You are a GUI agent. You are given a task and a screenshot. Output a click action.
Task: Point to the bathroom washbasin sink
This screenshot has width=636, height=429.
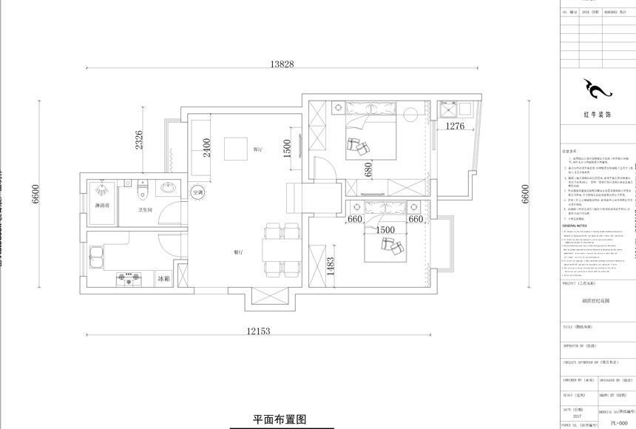click(x=168, y=187)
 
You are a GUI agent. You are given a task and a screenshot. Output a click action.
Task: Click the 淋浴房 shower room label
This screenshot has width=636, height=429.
click(x=101, y=205)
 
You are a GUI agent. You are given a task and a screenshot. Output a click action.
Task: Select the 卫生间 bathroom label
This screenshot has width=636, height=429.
click(x=145, y=210)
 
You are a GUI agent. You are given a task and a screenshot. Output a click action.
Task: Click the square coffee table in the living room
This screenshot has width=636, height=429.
click(x=236, y=149)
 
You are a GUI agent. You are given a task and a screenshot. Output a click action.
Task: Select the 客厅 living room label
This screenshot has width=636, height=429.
click(x=258, y=149)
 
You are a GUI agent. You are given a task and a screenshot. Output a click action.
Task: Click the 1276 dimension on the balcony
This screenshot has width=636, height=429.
click(x=455, y=126)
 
